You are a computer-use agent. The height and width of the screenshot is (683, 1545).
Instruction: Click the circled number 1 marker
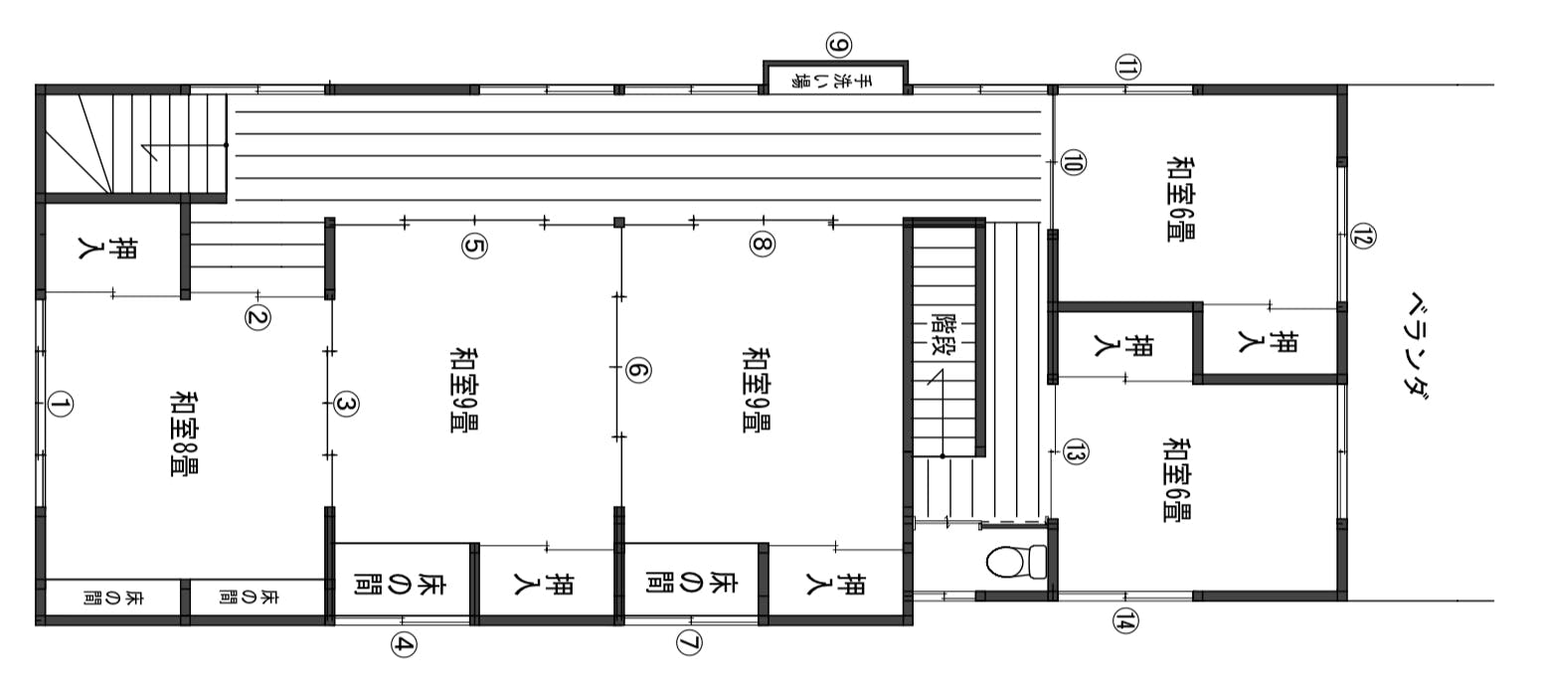61,405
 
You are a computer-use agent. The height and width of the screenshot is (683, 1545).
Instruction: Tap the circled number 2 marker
257,317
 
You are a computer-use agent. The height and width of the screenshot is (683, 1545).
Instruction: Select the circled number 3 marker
346,405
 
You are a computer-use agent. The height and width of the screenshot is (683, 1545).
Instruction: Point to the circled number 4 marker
404,645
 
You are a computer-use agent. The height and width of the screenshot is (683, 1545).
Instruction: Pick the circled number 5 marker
474,246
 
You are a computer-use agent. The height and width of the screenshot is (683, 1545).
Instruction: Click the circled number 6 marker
638,371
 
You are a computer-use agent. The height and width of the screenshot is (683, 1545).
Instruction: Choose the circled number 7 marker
688,643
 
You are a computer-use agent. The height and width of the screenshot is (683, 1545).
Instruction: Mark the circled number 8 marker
763,244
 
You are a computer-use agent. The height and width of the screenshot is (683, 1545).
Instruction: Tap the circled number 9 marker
839,46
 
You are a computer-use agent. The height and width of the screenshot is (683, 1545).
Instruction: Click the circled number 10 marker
1072,163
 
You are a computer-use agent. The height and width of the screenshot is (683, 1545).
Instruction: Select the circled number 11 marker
1127,68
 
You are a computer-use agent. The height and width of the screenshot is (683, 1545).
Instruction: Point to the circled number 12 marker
1363,237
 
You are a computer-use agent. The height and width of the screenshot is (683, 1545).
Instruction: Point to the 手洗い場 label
835,81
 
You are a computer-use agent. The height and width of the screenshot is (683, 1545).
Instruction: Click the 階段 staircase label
944,334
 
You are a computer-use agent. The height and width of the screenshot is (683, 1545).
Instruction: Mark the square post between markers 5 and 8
619,222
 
